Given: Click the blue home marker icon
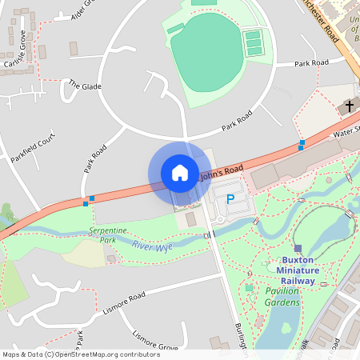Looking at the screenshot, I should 179,173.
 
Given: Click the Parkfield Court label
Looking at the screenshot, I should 33,149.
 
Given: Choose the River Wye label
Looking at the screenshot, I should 152,246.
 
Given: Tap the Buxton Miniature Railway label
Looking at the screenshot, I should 298,270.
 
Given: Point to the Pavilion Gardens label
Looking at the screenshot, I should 282,298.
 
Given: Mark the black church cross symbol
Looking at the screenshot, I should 348,106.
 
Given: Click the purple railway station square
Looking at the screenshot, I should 298,249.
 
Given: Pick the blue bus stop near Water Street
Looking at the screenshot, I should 302,145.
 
